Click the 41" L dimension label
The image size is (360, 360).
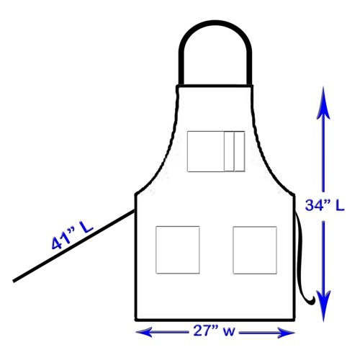point(72,235)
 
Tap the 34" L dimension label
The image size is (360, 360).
point(325,205)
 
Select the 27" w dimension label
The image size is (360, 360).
point(214,331)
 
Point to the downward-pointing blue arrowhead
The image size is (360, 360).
point(324,305)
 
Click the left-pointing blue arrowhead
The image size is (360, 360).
point(144,332)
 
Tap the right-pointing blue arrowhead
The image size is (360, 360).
point(286,333)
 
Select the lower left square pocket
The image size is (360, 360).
point(178,250)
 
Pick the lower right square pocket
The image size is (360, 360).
point(255,250)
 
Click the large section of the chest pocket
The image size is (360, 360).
point(206,151)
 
